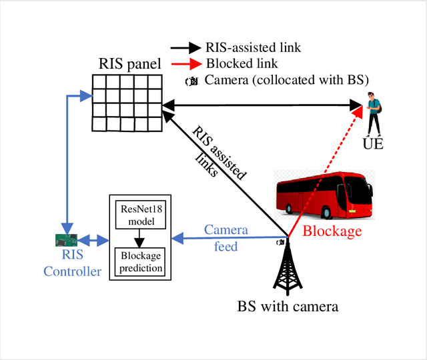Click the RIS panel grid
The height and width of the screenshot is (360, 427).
127,103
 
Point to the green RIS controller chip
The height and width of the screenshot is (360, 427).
66,239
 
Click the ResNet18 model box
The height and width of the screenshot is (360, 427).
140,214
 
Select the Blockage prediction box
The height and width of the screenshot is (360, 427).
140,263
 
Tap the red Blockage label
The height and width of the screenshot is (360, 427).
332,231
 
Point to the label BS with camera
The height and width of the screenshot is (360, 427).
288,307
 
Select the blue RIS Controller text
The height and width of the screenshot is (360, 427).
72,263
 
